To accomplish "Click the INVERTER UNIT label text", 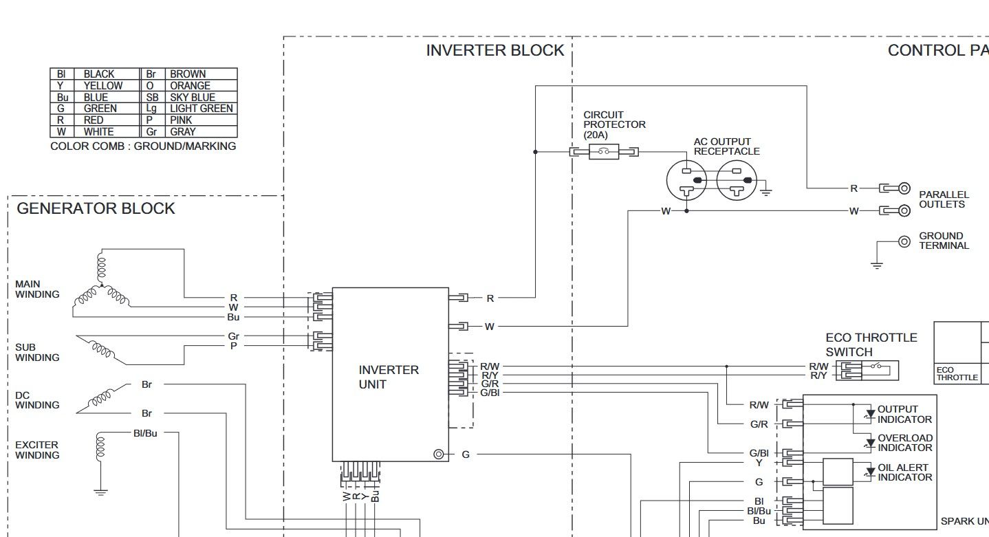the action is tap(389, 377).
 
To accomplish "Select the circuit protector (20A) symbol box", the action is tap(604, 152).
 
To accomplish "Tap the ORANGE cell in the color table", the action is tap(191, 85).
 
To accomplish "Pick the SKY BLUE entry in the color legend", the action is tap(193, 97).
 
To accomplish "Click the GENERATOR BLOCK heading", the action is tap(96, 208).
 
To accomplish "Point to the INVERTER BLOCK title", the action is tap(495, 50).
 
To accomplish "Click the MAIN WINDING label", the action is tap(37, 289).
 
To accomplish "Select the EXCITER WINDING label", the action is tap(36, 450).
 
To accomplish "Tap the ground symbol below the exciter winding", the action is tap(100, 492).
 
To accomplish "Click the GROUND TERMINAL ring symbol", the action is tap(904, 242).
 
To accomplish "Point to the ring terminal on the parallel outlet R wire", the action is tap(904, 188).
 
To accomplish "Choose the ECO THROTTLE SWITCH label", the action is tap(871, 344).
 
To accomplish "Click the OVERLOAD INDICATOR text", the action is tap(904, 443).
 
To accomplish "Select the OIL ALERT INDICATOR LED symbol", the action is tap(870, 472).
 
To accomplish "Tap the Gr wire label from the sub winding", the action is tap(233, 336).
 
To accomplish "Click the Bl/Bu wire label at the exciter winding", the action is tap(145, 433).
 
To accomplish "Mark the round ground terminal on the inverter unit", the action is tap(438, 454).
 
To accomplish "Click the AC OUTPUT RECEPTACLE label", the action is tap(727, 146).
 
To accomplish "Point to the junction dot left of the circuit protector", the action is tap(536, 152).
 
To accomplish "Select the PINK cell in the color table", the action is tap(181, 120).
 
